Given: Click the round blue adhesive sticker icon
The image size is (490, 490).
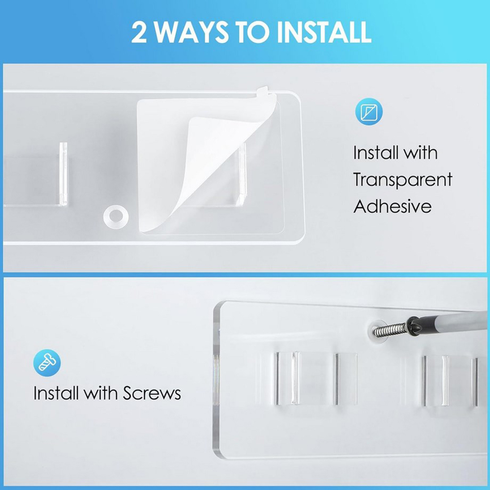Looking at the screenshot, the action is tap(369, 113).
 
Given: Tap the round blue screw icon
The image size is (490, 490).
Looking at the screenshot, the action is tap(47, 363).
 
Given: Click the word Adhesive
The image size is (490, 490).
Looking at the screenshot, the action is tap(393, 206).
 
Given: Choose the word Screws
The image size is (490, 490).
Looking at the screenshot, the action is tap(152, 393).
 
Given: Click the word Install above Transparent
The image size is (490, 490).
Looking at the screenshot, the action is tap(375, 153).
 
